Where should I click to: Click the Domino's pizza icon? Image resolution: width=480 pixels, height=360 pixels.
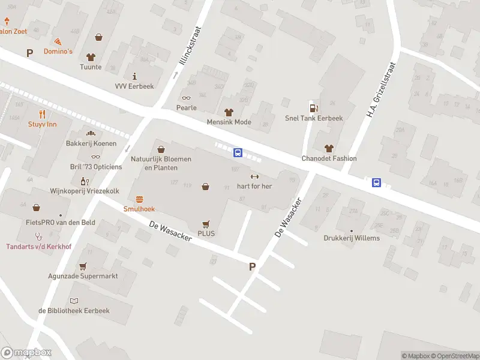point(58,41)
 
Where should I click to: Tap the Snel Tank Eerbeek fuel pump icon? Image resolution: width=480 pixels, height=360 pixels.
point(313,108)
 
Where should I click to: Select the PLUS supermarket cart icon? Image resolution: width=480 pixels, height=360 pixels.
point(206,223)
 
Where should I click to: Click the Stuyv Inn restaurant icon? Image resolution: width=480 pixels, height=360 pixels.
point(42,114)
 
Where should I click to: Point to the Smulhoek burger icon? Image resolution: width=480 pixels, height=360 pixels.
point(139,199)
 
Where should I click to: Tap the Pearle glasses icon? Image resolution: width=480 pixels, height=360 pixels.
point(186,98)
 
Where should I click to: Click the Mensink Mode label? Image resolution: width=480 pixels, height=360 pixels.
point(229,122)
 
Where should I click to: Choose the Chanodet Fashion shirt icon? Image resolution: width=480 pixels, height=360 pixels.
point(328,148)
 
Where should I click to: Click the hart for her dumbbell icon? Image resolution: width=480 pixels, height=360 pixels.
point(254,176)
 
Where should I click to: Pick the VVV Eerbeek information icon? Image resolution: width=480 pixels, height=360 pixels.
point(134,76)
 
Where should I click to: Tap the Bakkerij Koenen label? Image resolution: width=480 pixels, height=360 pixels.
point(91,144)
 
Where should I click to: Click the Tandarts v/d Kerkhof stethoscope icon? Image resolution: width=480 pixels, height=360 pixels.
point(38,236)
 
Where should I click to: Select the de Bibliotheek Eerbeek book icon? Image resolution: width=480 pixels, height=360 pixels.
point(74,301)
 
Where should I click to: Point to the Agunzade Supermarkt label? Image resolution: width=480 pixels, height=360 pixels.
point(83,277)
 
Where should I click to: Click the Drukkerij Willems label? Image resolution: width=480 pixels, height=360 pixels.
point(352,238)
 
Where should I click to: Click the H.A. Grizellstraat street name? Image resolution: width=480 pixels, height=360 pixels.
point(382,89)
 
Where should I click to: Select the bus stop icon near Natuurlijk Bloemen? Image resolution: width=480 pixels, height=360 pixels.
point(238,153)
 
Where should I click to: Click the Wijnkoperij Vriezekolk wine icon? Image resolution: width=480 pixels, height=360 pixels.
point(84,181)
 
